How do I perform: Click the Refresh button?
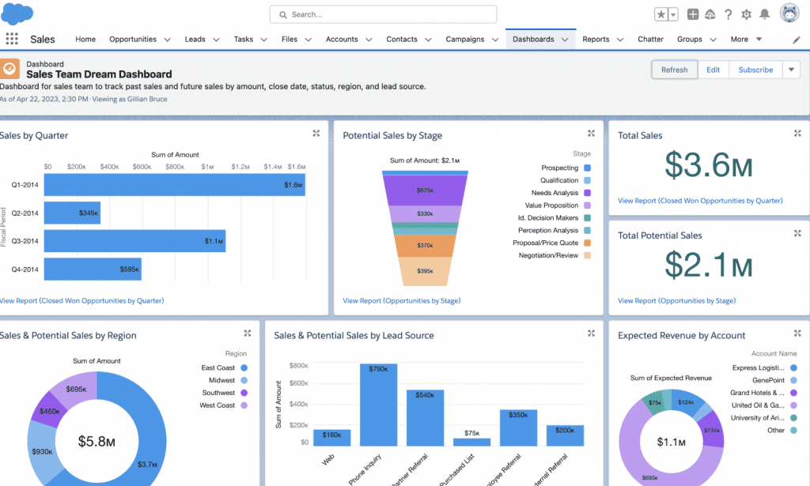click(x=674, y=70)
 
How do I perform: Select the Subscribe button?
click(x=755, y=70)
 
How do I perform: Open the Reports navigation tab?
click(x=596, y=39)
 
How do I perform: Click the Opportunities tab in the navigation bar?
click(x=133, y=39)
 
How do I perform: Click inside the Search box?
click(x=384, y=14)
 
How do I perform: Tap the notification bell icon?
click(x=764, y=14)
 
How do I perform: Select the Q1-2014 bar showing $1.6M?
click(x=174, y=185)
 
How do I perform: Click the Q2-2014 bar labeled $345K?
click(x=72, y=213)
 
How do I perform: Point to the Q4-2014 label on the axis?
click(x=25, y=269)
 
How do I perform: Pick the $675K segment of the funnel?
click(x=423, y=190)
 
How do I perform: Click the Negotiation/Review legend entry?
click(x=548, y=255)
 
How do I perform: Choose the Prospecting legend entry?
click(x=559, y=168)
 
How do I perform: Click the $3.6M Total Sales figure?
click(x=709, y=164)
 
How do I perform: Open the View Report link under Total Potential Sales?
click(x=676, y=300)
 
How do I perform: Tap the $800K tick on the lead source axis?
click(x=298, y=366)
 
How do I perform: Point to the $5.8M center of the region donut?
click(x=97, y=441)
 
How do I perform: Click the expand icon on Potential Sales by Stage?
click(x=591, y=134)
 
